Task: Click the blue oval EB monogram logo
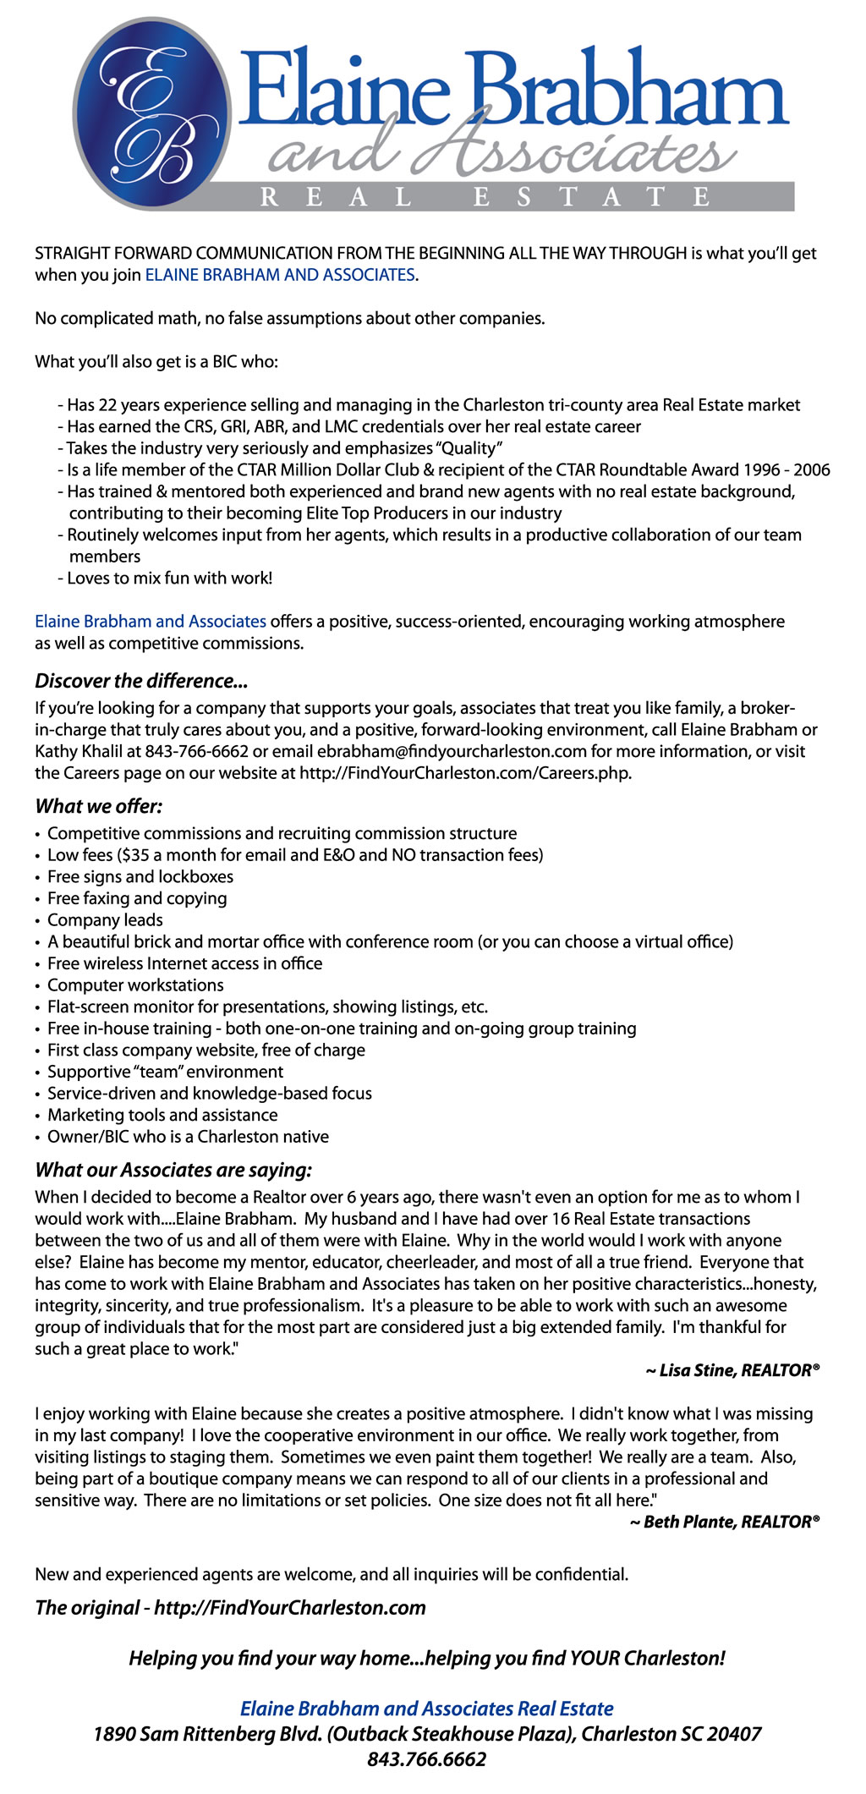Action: coord(152,114)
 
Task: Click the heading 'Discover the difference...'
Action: coord(141,681)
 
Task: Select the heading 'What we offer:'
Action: coord(99,806)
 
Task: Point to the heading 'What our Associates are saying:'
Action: coord(173,1170)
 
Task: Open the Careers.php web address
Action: coord(465,773)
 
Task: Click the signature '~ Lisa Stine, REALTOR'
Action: coord(732,1370)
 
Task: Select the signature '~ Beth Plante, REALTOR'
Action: coord(725,1522)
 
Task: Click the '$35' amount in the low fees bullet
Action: coord(134,855)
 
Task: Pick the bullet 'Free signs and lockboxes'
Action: coord(140,877)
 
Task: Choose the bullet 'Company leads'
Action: coord(105,920)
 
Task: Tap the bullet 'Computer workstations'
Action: coord(135,985)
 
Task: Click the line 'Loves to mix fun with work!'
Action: coord(169,579)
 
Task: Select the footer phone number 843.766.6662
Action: coord(427,1759)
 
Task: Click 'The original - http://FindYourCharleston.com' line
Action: coord(230,1608)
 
